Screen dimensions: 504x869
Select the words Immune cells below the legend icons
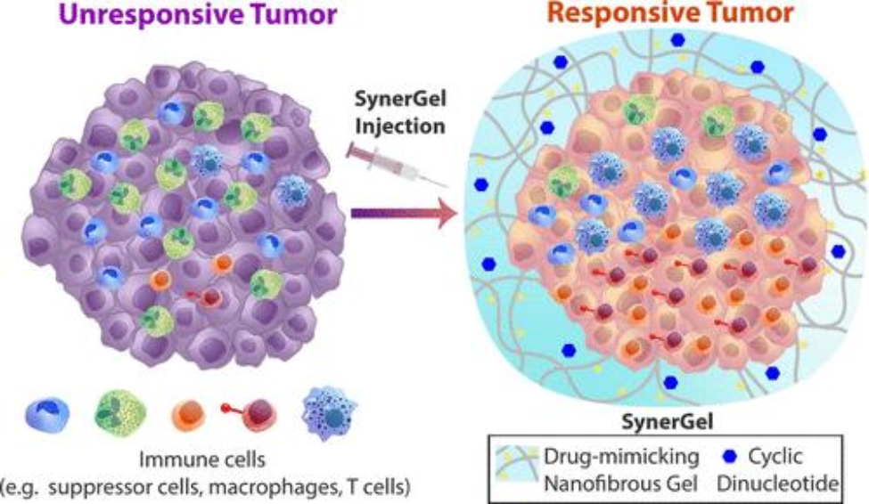(x=206, y=461)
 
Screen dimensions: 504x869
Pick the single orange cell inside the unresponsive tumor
(x=160, y=280)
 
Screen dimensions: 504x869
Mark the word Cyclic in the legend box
(x=775, y=457)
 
